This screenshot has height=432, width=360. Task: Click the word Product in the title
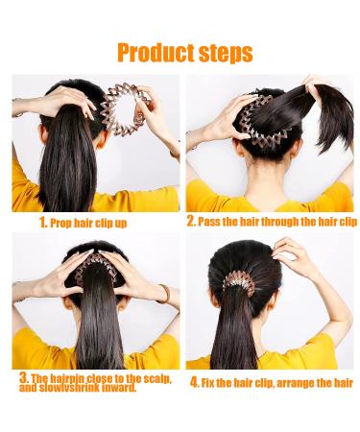click(153, 51)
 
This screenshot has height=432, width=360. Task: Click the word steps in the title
click(224, 51)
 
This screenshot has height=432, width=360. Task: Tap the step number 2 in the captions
click(191, 221)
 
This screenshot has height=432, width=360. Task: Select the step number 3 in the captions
click(23, 380)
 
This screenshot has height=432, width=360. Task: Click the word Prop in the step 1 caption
click(62, 222)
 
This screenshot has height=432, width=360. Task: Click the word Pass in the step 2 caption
click(212, 222)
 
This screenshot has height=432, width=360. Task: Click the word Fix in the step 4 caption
click(212, 383)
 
